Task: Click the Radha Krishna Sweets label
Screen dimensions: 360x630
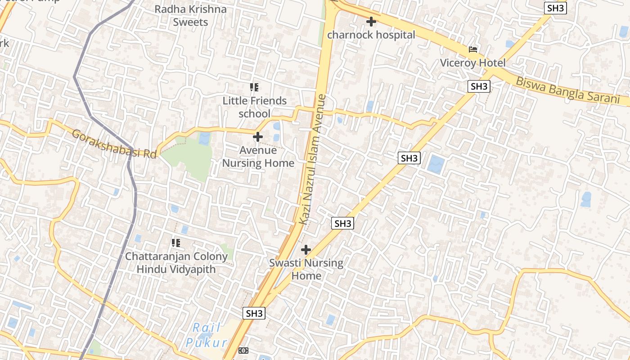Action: [190, 16]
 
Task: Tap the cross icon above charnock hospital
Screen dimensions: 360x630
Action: [371, 21]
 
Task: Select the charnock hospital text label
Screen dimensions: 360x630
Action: [371, 35]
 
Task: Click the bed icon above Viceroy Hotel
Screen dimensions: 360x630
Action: [473, 49]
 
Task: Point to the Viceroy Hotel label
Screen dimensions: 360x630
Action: [473, 63]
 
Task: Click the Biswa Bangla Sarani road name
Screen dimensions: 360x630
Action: [567, 91]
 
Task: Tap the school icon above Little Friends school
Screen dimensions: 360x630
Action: [254, 87]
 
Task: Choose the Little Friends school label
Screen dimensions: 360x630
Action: [254, 107]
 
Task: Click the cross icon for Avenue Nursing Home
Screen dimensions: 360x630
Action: [258, 136]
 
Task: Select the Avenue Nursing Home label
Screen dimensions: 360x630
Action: [258, 157]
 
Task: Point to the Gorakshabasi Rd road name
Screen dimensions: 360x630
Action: [114, 144]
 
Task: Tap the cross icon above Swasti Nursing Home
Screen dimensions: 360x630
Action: [306, 249]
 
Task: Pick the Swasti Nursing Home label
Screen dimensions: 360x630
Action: [306, 269]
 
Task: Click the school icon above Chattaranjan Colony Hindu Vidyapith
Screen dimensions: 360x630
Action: [176, 243]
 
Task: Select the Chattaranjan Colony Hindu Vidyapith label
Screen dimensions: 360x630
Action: [176, 263]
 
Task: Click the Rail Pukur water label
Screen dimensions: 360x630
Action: [207, 335]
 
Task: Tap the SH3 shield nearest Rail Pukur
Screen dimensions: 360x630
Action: [254, 314]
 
